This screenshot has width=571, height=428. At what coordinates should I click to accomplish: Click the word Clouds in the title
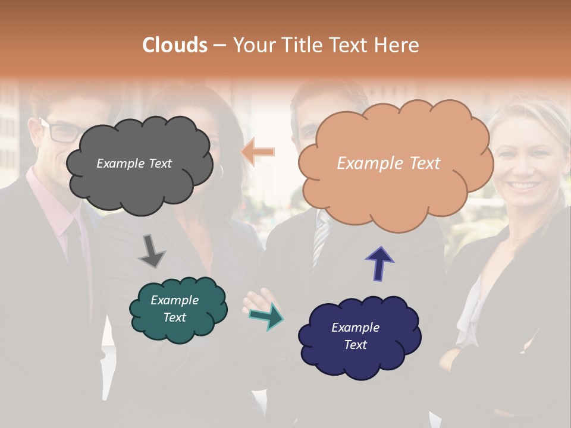(175, 45)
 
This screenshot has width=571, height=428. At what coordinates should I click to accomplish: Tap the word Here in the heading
(398, 45)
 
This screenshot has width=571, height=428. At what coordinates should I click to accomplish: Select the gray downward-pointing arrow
(151, 251)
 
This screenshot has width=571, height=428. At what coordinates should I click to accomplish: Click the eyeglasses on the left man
(59, 131)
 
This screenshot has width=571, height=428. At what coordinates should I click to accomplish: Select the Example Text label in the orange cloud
(388, 163)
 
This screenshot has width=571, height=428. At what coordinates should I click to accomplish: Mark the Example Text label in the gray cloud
(134, 163)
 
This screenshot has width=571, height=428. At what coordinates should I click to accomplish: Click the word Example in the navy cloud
(355, 328)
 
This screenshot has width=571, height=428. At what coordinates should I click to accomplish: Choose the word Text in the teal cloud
(175, 317)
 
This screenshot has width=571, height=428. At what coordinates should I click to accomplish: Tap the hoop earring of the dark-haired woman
(221, 172)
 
